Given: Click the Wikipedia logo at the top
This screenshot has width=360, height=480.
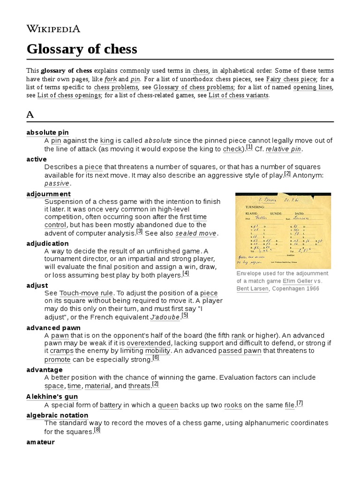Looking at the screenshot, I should (x=53, y=29).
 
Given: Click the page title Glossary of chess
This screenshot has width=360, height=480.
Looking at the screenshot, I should (x=82, y=49).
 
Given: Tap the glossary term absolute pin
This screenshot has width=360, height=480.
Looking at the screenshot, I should (x=48, y=133).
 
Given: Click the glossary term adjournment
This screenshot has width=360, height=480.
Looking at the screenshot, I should (x=49, y=194).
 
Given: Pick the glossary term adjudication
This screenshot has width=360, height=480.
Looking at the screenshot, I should (x=48, y=243).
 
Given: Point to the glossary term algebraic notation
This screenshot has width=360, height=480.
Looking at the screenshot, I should (x=57, y=415).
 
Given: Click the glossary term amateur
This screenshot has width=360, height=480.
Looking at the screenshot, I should (x=41, y=442).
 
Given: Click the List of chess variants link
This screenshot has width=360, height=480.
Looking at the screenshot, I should (x=239, y=95).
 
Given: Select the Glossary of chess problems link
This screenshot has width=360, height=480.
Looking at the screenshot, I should (x=194, y=87).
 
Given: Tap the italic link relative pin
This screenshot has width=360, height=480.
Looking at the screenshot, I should (x=284, y=149).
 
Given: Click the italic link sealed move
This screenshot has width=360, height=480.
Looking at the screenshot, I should (x=196, y=233).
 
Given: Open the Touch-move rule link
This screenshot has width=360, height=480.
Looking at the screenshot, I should (x=86, y=293).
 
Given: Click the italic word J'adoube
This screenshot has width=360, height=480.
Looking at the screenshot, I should (x=165, y=317).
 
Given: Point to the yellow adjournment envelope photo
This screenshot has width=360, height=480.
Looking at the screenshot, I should (x=283, y=230).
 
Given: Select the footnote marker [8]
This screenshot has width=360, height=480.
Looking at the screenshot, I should (x=97, y=430).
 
